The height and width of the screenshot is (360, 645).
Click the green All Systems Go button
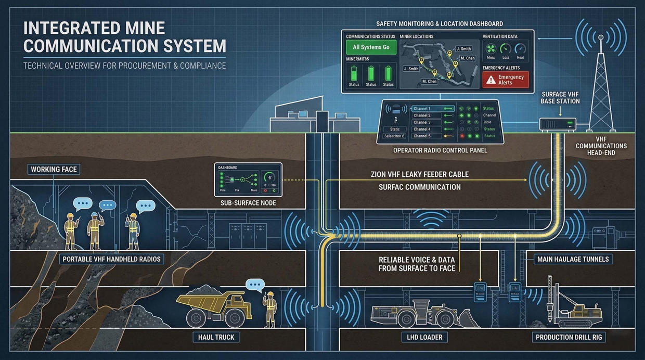point(371,47)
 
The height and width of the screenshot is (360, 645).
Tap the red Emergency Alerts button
point(506,80)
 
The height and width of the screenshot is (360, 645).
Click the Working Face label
point(55,170)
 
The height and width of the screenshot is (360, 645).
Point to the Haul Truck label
point(216,337)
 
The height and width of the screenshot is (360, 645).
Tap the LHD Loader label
point(424,337)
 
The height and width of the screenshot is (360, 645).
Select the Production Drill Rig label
point(569,337)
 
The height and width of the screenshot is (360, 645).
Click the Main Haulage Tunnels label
point(573,259)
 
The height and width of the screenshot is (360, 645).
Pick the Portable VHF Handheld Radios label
point(111,259)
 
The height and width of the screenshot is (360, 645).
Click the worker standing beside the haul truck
point(270,310)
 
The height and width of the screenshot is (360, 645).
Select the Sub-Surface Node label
point(249,203)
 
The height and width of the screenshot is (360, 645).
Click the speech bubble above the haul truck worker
point(255,285)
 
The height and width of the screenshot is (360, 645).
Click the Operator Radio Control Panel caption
point(440,150)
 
